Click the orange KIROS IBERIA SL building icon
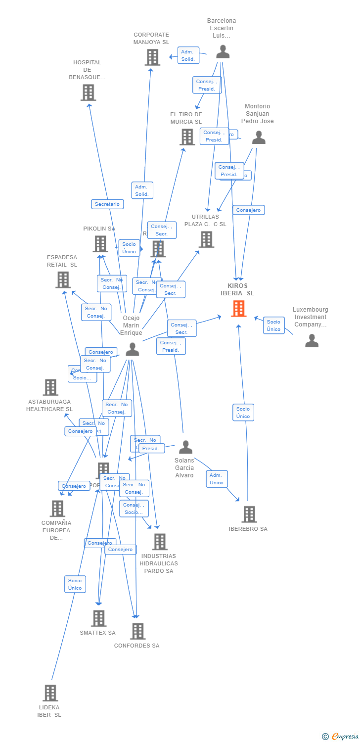pos(238,309)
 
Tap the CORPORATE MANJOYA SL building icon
pos(152,57)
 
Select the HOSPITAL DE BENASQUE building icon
pos(88,93)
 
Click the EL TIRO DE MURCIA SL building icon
pos(187,137)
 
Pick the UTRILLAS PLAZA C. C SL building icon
pos(206,239)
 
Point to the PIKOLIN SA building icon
pos(100,244)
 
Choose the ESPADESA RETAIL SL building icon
pos(63,280)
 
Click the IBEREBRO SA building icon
pos(249,514)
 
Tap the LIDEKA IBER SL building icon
pos(50,693)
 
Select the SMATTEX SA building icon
pos(98,618)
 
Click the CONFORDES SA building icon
pos(137,631)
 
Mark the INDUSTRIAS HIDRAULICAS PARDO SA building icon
pos(159,542)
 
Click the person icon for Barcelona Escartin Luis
pos(223,51)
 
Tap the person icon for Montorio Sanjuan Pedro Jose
pos(258,138)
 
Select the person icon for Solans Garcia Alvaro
pos(185,447)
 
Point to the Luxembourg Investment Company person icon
pos(312,340)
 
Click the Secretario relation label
pos(107,204)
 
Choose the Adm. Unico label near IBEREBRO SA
pos(217,479)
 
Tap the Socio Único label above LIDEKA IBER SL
pos(75,584)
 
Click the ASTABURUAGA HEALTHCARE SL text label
pos(49,405)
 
